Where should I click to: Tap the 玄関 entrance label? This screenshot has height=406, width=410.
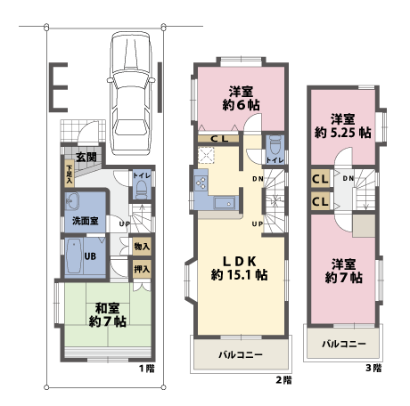click(86, 157)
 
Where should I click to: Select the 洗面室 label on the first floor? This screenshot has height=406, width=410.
click(85, 220)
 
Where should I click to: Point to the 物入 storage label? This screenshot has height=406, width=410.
click(142, 246)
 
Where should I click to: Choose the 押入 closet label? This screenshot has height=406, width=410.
click(142, 267)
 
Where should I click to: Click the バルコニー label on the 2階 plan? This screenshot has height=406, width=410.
click(240, 355)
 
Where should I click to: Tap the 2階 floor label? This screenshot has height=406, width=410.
click(284, 380)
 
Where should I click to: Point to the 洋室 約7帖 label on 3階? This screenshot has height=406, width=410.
click(344, 272)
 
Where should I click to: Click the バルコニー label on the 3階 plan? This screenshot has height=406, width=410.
click(341, 344)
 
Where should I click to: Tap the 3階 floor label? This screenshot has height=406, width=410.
click(374, 368)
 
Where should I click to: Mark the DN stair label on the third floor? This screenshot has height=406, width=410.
click(348, 179)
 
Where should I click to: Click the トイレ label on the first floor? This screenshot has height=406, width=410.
click(141, 176)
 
